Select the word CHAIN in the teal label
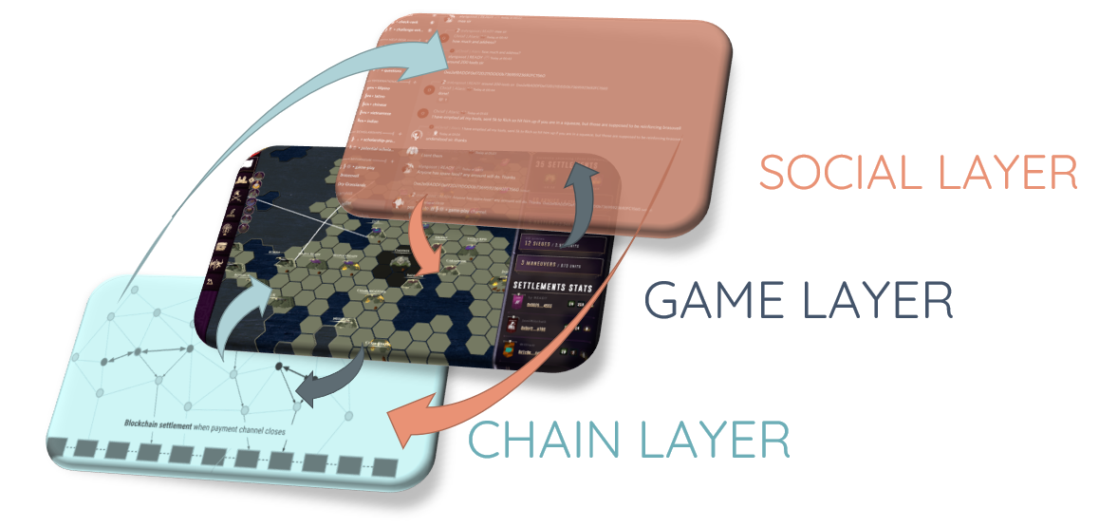[549, 441]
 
